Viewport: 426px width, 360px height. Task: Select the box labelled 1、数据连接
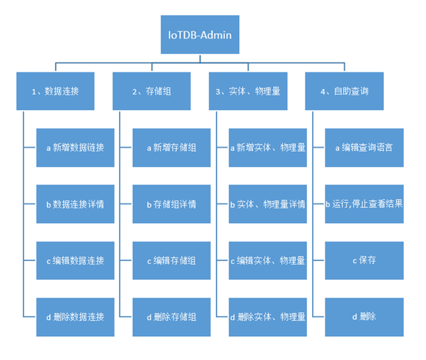coord(55,91)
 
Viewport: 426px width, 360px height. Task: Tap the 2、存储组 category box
coord(151,91)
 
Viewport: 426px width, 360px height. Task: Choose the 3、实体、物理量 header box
coord(248,91)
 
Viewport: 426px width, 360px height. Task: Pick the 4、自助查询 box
coord(344,91)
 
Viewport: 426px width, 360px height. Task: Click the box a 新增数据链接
coord(75,147)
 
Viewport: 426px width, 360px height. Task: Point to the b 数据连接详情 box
coord(75,204)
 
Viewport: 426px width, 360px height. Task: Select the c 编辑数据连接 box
coord(75,260)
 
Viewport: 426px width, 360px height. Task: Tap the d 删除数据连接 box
coord(75,316)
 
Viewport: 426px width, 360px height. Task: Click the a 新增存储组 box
coord(171,147)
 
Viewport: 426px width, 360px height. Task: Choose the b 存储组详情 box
coord(171,204)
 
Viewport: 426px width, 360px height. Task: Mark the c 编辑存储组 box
coord(171,260)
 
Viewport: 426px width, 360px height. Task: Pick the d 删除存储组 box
coord(171,316)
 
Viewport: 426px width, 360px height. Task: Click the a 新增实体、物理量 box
coord(268,147)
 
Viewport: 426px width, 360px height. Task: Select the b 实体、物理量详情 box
coord(268,204)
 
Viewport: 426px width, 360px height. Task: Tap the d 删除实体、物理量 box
coord(268,316)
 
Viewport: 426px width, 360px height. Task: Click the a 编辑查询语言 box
coord(364,147)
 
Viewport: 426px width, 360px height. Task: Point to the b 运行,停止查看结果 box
coord(364,204)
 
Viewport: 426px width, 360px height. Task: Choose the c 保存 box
coord(364,260)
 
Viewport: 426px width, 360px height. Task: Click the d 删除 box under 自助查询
coord(364,316)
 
